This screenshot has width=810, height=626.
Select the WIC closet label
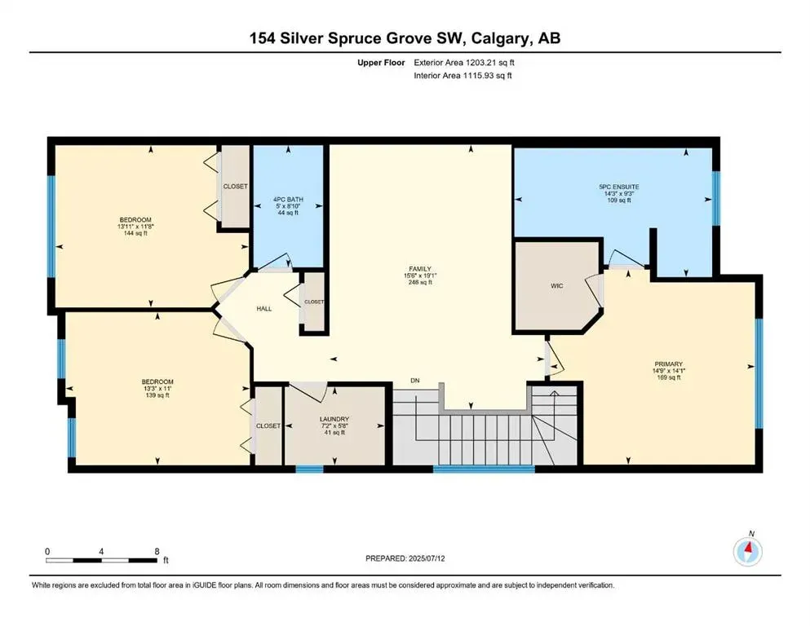tap(557, 286)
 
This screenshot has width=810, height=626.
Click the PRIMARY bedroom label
tap(667, 364)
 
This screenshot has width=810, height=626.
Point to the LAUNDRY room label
tap(334, 419)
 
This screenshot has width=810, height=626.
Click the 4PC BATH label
tap(289, 197)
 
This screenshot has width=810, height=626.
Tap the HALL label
tap(263, 308)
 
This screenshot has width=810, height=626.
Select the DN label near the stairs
tap(415, 381)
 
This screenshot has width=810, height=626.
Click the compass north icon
tap(747, 551)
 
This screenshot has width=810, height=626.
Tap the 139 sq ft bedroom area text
tap(157, 395)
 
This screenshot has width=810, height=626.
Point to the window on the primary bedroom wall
tap(759, 373)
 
